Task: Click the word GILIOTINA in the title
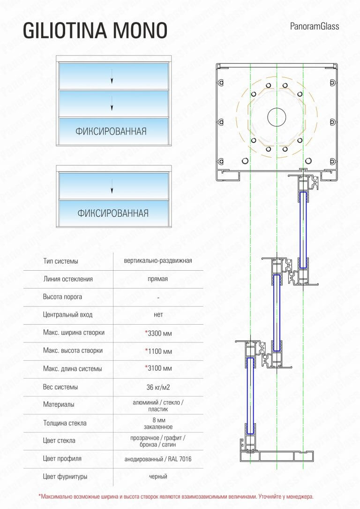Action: coord(65,30)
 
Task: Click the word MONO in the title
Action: coord(140,30)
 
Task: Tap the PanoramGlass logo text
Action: coord(315,26)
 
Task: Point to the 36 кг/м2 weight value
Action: coord(158,387)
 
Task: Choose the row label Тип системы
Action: coord(60,261)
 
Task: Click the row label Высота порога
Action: coord(62,296)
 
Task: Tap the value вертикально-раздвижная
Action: coord(158,261)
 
